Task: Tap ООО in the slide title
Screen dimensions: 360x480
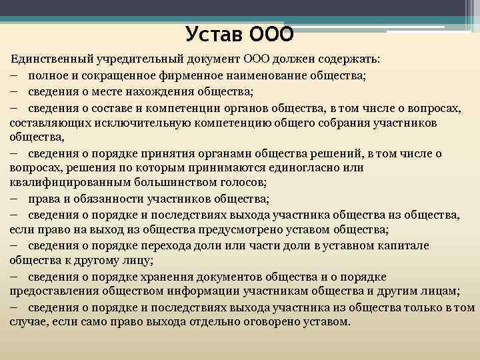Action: click(x=271, y=33)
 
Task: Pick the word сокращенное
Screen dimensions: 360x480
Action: click(x=127, y=75)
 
